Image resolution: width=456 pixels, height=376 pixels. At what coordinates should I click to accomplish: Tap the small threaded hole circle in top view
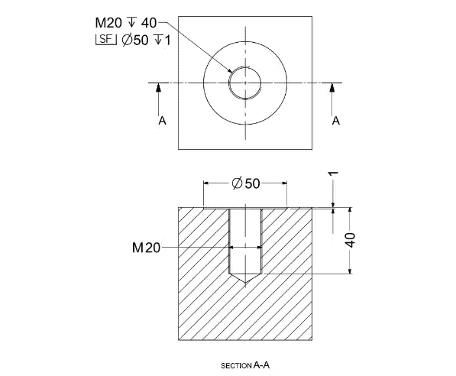[x=245, y=82]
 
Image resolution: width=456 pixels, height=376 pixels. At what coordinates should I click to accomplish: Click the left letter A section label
[x=161, y=121]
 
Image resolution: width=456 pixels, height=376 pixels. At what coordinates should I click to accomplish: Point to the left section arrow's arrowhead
[x=158, y=87]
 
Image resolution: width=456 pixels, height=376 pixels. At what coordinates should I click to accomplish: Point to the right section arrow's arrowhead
[x=331, y=87]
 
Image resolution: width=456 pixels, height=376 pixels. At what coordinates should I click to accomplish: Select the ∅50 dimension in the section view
[x=245, y=183]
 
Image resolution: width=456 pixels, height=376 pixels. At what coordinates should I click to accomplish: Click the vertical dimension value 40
[x=351, y=239]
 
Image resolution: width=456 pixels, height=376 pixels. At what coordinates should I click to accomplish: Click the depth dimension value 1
[x=334, y=175]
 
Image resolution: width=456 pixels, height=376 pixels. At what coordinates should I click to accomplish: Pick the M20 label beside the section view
[x=146, y=248]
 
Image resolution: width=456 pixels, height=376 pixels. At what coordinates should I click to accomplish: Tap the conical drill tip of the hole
[x=245, y=280]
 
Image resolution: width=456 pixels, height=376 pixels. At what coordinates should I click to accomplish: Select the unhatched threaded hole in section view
[x=245, y=241]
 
